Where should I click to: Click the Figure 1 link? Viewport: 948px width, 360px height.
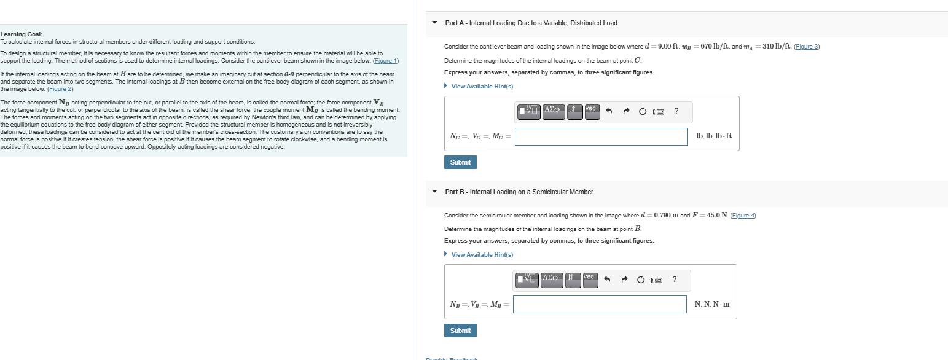point(386,61)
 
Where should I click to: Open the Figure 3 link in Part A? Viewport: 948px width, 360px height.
point(807,47)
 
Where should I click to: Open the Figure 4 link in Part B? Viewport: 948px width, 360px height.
point(743,215)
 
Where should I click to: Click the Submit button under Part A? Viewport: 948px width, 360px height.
point(460,162)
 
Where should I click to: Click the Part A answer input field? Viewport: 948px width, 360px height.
point(601,136)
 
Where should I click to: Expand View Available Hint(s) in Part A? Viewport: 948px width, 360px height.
point(482,87)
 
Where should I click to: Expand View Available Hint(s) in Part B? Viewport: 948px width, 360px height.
point(482,255)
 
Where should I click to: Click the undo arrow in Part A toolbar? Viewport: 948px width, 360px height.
point(609,112)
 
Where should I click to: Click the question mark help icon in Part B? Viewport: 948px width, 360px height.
point(674,280)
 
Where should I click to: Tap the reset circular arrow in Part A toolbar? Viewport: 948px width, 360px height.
point(643,112)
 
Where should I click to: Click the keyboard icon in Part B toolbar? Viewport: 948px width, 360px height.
point(657,280)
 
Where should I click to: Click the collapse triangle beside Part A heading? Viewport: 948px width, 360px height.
point(434,23)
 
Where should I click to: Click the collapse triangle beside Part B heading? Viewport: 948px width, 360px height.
point(434,192)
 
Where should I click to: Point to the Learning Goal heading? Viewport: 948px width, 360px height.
point(22,34)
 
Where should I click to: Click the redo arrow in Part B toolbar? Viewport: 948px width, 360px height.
point(624,280)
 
